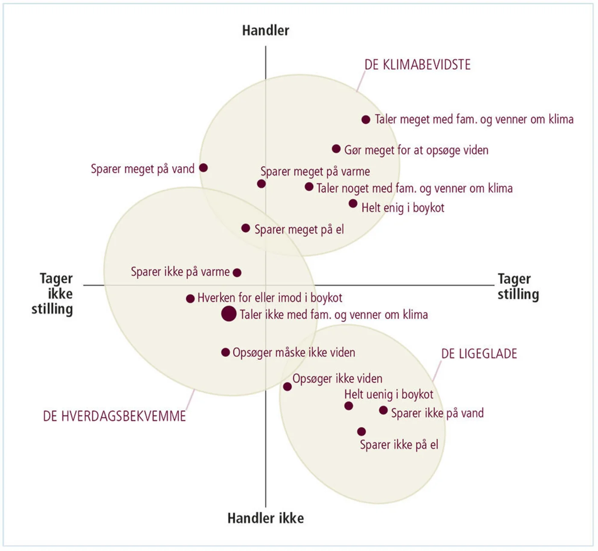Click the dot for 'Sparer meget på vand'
204,168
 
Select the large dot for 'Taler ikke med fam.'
229,314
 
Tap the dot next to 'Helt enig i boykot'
353,203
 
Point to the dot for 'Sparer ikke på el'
361,431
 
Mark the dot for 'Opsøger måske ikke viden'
226,352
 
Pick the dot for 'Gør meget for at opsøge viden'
336,149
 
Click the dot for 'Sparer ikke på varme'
237,272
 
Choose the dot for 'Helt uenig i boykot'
349,406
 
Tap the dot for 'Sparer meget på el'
246,228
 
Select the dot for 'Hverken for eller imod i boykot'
191,299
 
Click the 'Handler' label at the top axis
265,30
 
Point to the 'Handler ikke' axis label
265,518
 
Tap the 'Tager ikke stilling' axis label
53,294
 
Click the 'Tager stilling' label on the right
518,286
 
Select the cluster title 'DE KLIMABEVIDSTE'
417,65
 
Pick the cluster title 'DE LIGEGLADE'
479,354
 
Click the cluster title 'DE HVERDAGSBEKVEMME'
114,416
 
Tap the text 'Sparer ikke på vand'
437,413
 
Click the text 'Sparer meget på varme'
315,171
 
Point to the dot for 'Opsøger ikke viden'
287,386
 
